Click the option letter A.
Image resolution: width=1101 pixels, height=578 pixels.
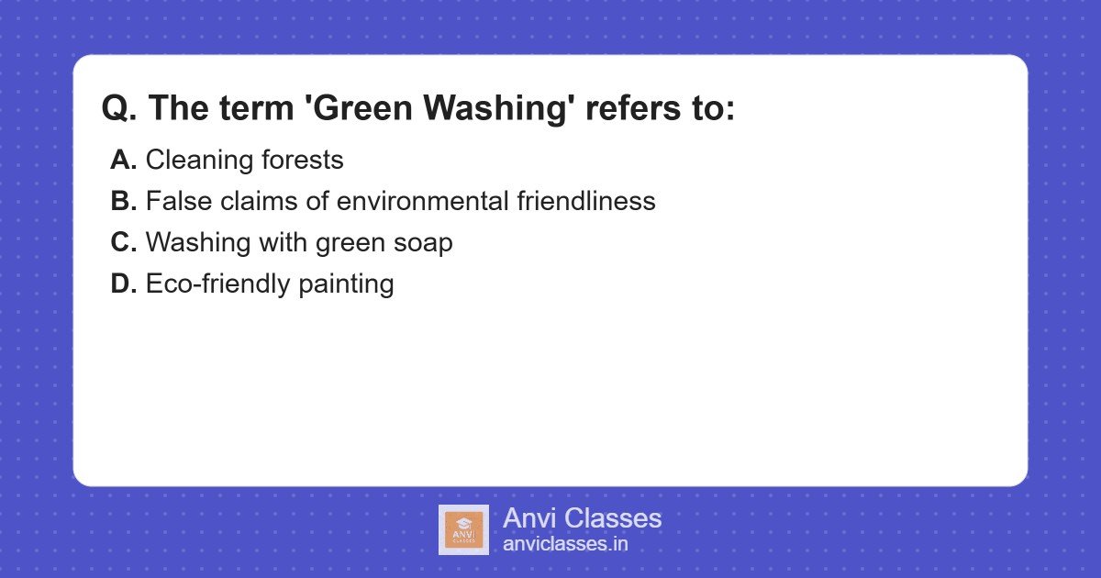pos(123,161)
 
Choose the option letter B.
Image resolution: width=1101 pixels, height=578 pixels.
pos(123,202)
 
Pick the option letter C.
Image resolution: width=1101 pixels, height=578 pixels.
pos(123,243)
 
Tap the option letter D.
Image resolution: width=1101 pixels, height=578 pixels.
pos(123,284)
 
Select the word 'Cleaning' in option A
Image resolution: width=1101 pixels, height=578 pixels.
pos(195,161)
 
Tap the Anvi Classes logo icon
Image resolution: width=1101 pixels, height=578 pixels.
pos(463,529)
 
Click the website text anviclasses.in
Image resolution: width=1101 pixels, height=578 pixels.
pos(565,544)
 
